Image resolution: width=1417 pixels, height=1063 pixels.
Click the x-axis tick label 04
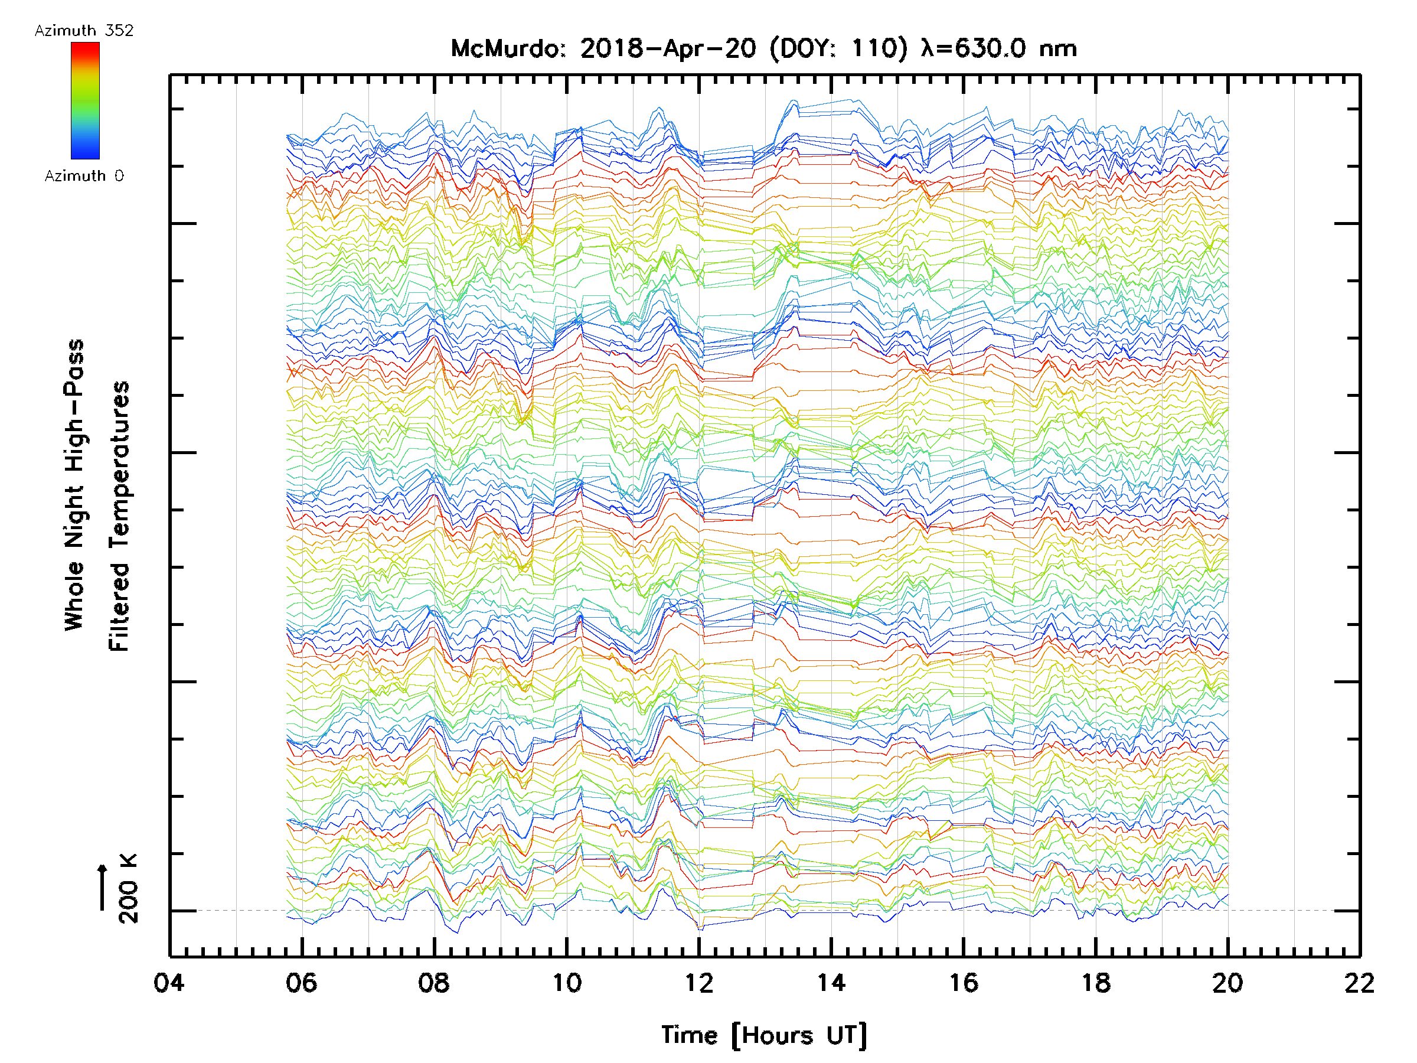click(x=169, y=982)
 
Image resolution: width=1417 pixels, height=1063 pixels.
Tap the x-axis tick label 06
click(x=302, y=982)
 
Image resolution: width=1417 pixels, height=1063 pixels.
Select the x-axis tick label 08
click(x=434, y=982)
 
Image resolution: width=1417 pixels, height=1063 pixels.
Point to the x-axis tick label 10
click(x=566, y=982)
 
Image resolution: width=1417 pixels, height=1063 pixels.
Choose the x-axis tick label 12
click(x=699, y=982)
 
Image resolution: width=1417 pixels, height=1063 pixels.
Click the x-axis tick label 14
click(x=831, y=982)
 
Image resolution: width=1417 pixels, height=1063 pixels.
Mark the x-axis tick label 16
click(x=964, y=982)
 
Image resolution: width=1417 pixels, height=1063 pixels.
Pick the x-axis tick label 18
click(x=1096, y=982)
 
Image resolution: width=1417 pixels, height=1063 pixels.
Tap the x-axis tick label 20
click(x=1228, y=982)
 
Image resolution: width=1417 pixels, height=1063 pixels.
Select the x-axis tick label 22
click(x=1360, y=982)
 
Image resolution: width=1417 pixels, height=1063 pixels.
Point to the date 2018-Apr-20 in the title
click(x=668, y=48)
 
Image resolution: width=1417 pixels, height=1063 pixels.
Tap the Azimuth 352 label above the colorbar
click(x=84, y=30)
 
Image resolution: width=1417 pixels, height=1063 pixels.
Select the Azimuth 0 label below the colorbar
click(x=84, y=175)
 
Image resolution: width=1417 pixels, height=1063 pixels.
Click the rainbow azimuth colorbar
click(x=85, y=100)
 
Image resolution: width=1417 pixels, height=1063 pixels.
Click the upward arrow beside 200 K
click(x=102, y=887)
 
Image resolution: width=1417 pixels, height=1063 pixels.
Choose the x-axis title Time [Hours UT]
click(x=764, y=1035)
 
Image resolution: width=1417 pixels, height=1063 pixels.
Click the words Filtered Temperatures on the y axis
click(x=119, y=516)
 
